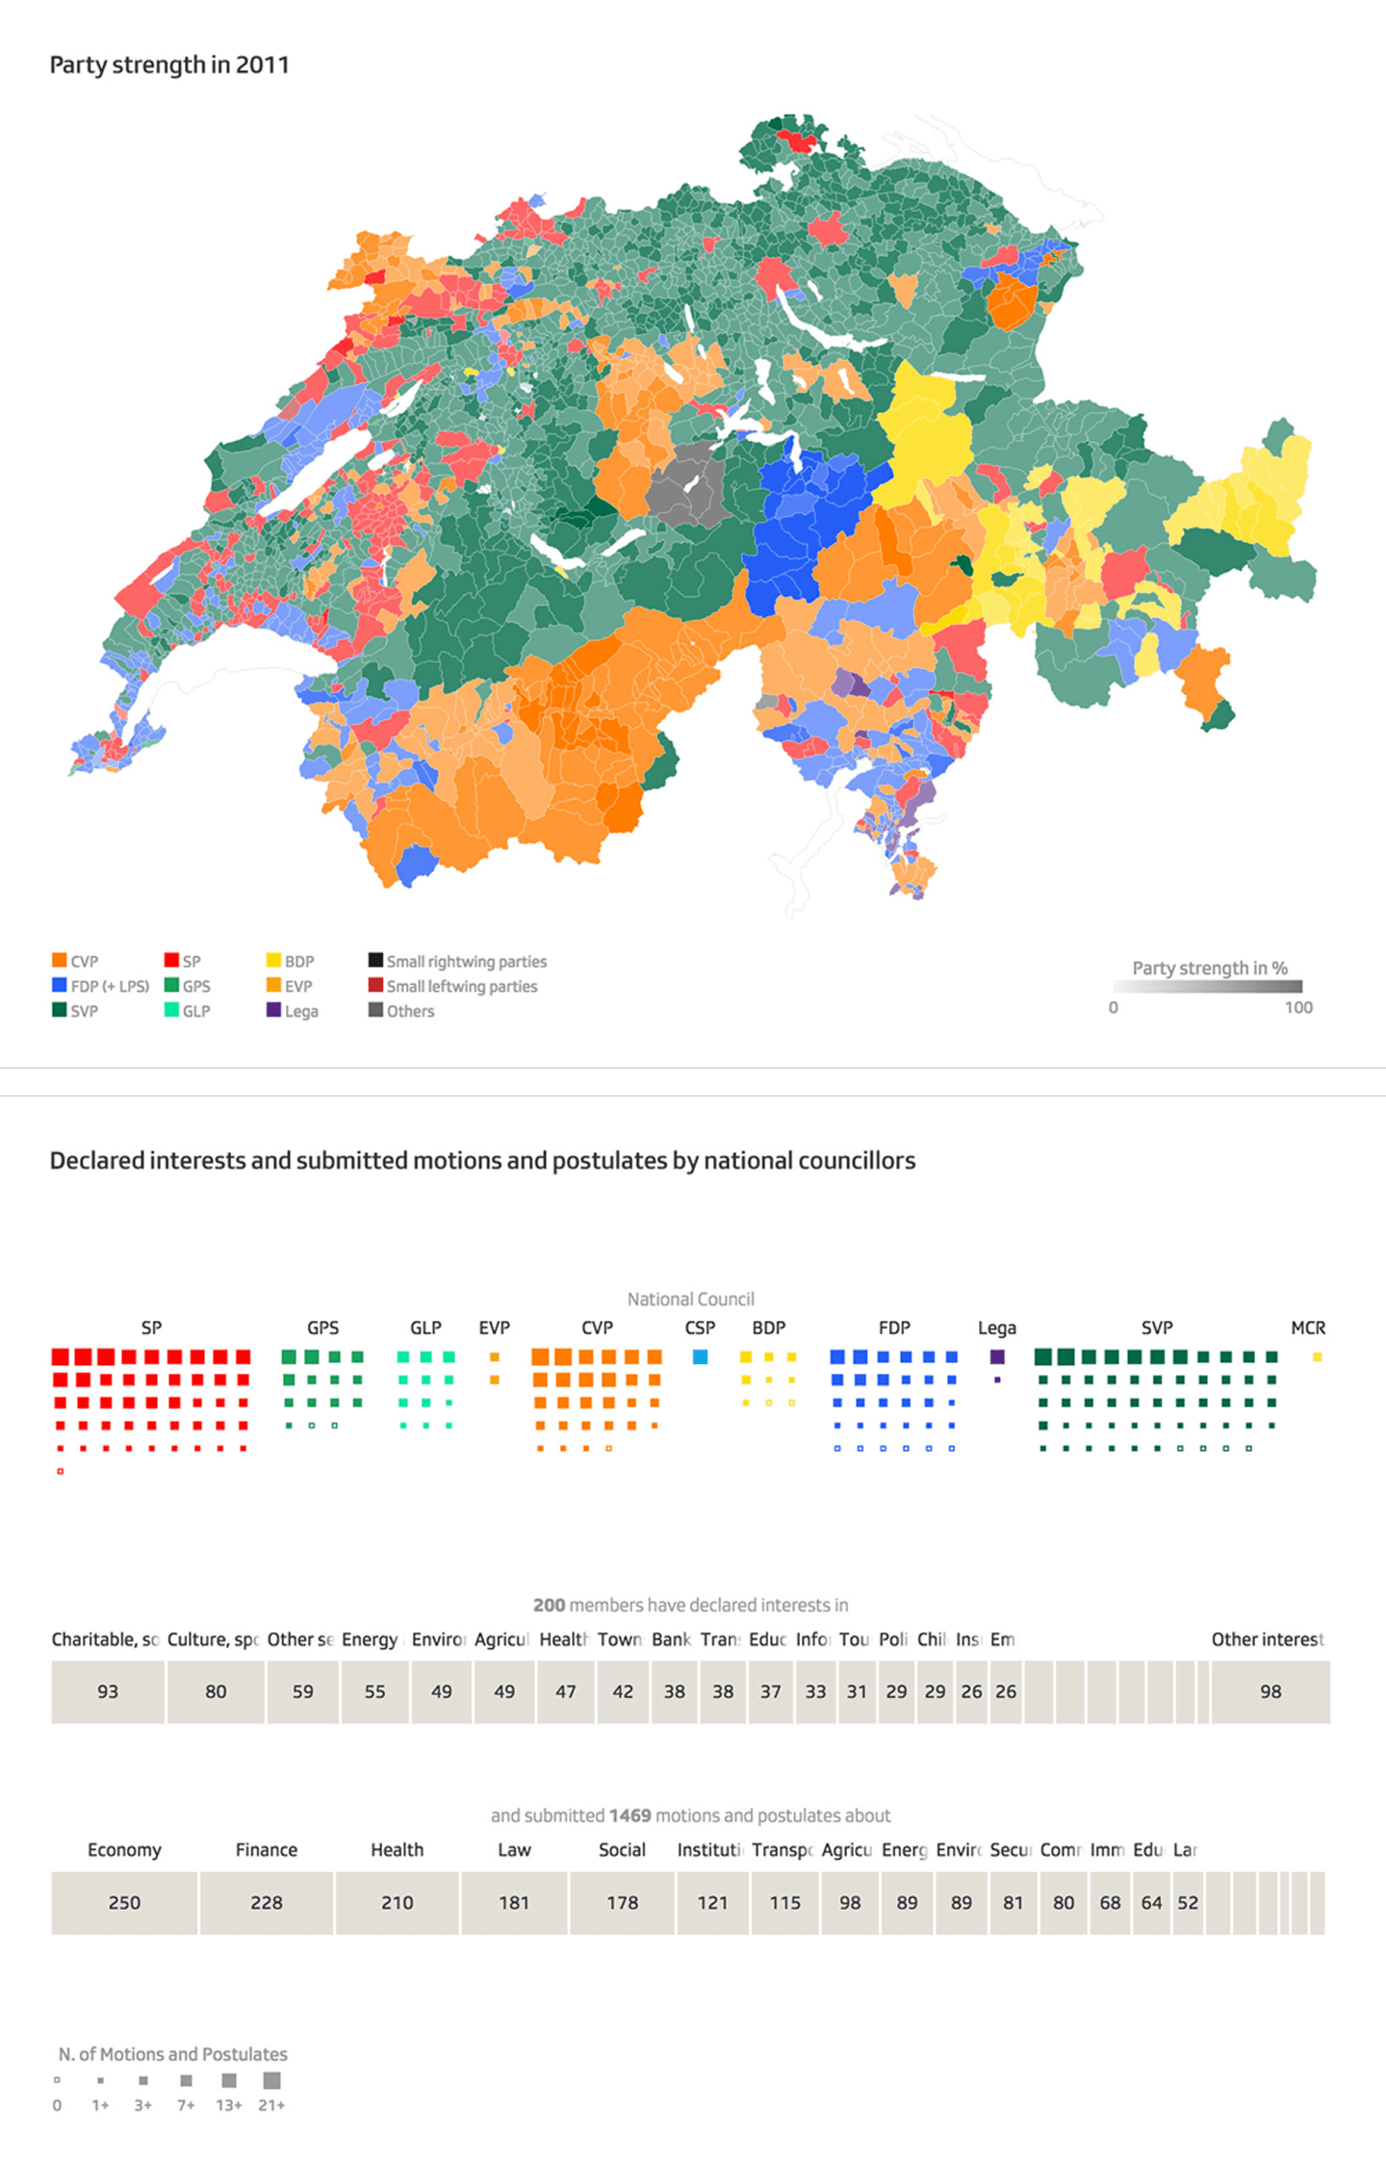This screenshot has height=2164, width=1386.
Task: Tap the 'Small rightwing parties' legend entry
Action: point(457,961)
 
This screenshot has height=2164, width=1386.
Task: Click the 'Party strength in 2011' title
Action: point(169,65)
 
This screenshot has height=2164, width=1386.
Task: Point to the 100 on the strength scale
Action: point(1297,1008)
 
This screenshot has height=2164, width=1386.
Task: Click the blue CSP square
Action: point(701,1357)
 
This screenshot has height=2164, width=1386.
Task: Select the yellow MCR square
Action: point(1317,1357)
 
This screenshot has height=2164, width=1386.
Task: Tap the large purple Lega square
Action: point(997,1357)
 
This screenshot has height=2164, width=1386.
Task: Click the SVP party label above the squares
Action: point(1156,1328)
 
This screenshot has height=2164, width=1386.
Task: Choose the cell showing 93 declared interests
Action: point(108,1691)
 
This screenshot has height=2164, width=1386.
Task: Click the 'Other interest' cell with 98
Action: point(1270,1691)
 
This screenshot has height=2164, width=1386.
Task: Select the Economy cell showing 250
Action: point(124,1902)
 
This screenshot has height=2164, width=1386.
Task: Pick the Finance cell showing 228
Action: point(267,1902)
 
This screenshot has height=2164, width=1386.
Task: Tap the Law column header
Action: point(514,1850)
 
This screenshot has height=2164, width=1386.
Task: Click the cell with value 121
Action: point(712,1902)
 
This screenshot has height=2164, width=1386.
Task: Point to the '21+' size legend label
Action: point(271,2105)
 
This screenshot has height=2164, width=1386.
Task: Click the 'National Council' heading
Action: point(690,1300)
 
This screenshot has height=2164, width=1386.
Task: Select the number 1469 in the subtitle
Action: point(630,1816)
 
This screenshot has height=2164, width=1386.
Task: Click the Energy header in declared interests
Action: point(370,1639)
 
